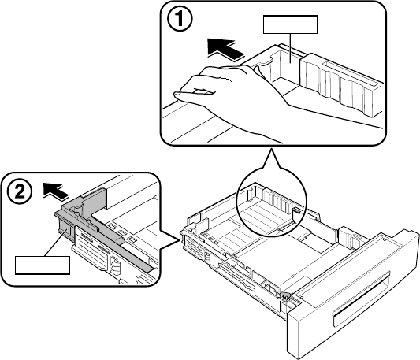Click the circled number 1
[x=180, y=20]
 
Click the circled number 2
[x=19, y=191]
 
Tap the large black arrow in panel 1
[x=226, y=50]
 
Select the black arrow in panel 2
[x=56, y=191]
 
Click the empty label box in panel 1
[x=291, y=24]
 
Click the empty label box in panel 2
[x=43, y=265]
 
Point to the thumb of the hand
[x=194, y=92]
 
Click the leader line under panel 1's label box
[x=291, y=48]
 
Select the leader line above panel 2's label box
[x=54, y=243]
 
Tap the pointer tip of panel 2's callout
[x=179, y=241]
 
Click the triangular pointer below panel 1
[x=271, y=159]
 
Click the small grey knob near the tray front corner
[x=285, y=295]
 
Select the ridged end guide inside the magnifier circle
[x=276, y=203]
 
